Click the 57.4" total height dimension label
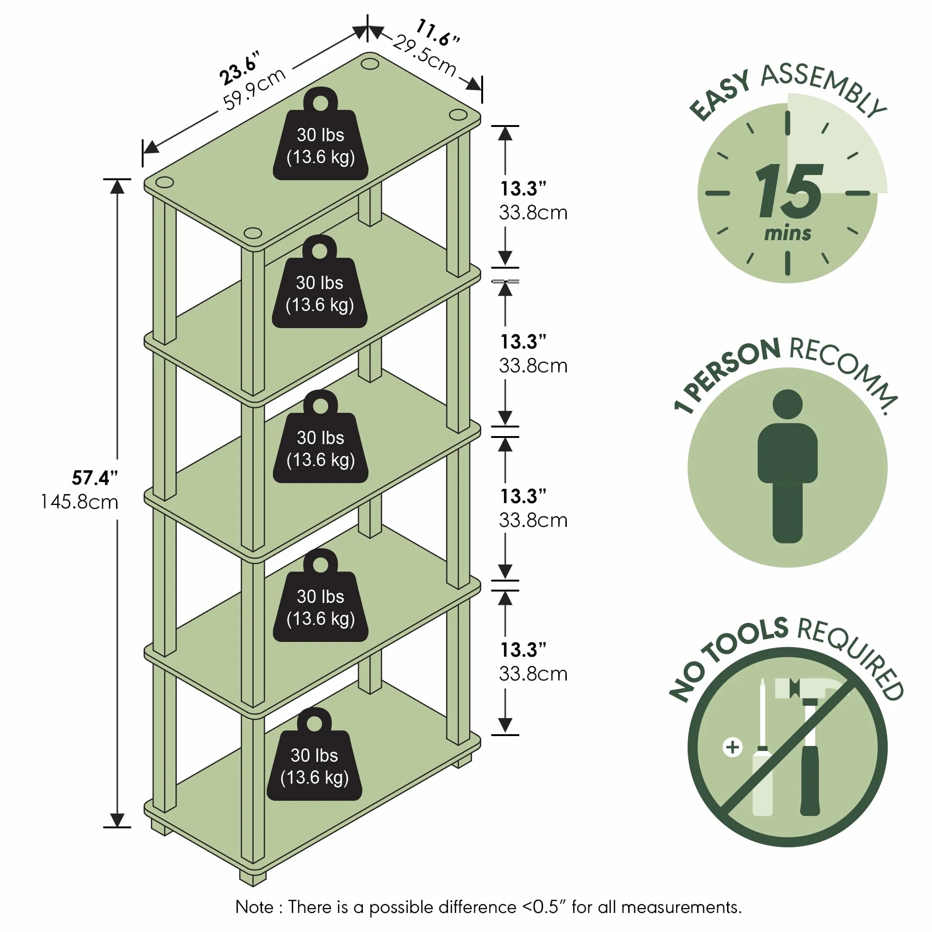click(95, 477)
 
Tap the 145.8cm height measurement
click(79, 502)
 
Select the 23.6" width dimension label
click(240, 67)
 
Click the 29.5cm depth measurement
click(425, 56)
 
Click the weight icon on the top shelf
click(321, 134)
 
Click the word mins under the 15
click(788, 233)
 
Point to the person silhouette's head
click(787, 404)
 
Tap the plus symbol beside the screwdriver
click(732, 747)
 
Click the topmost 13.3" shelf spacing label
click(523, 189)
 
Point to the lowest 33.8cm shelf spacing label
click(533, 674)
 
